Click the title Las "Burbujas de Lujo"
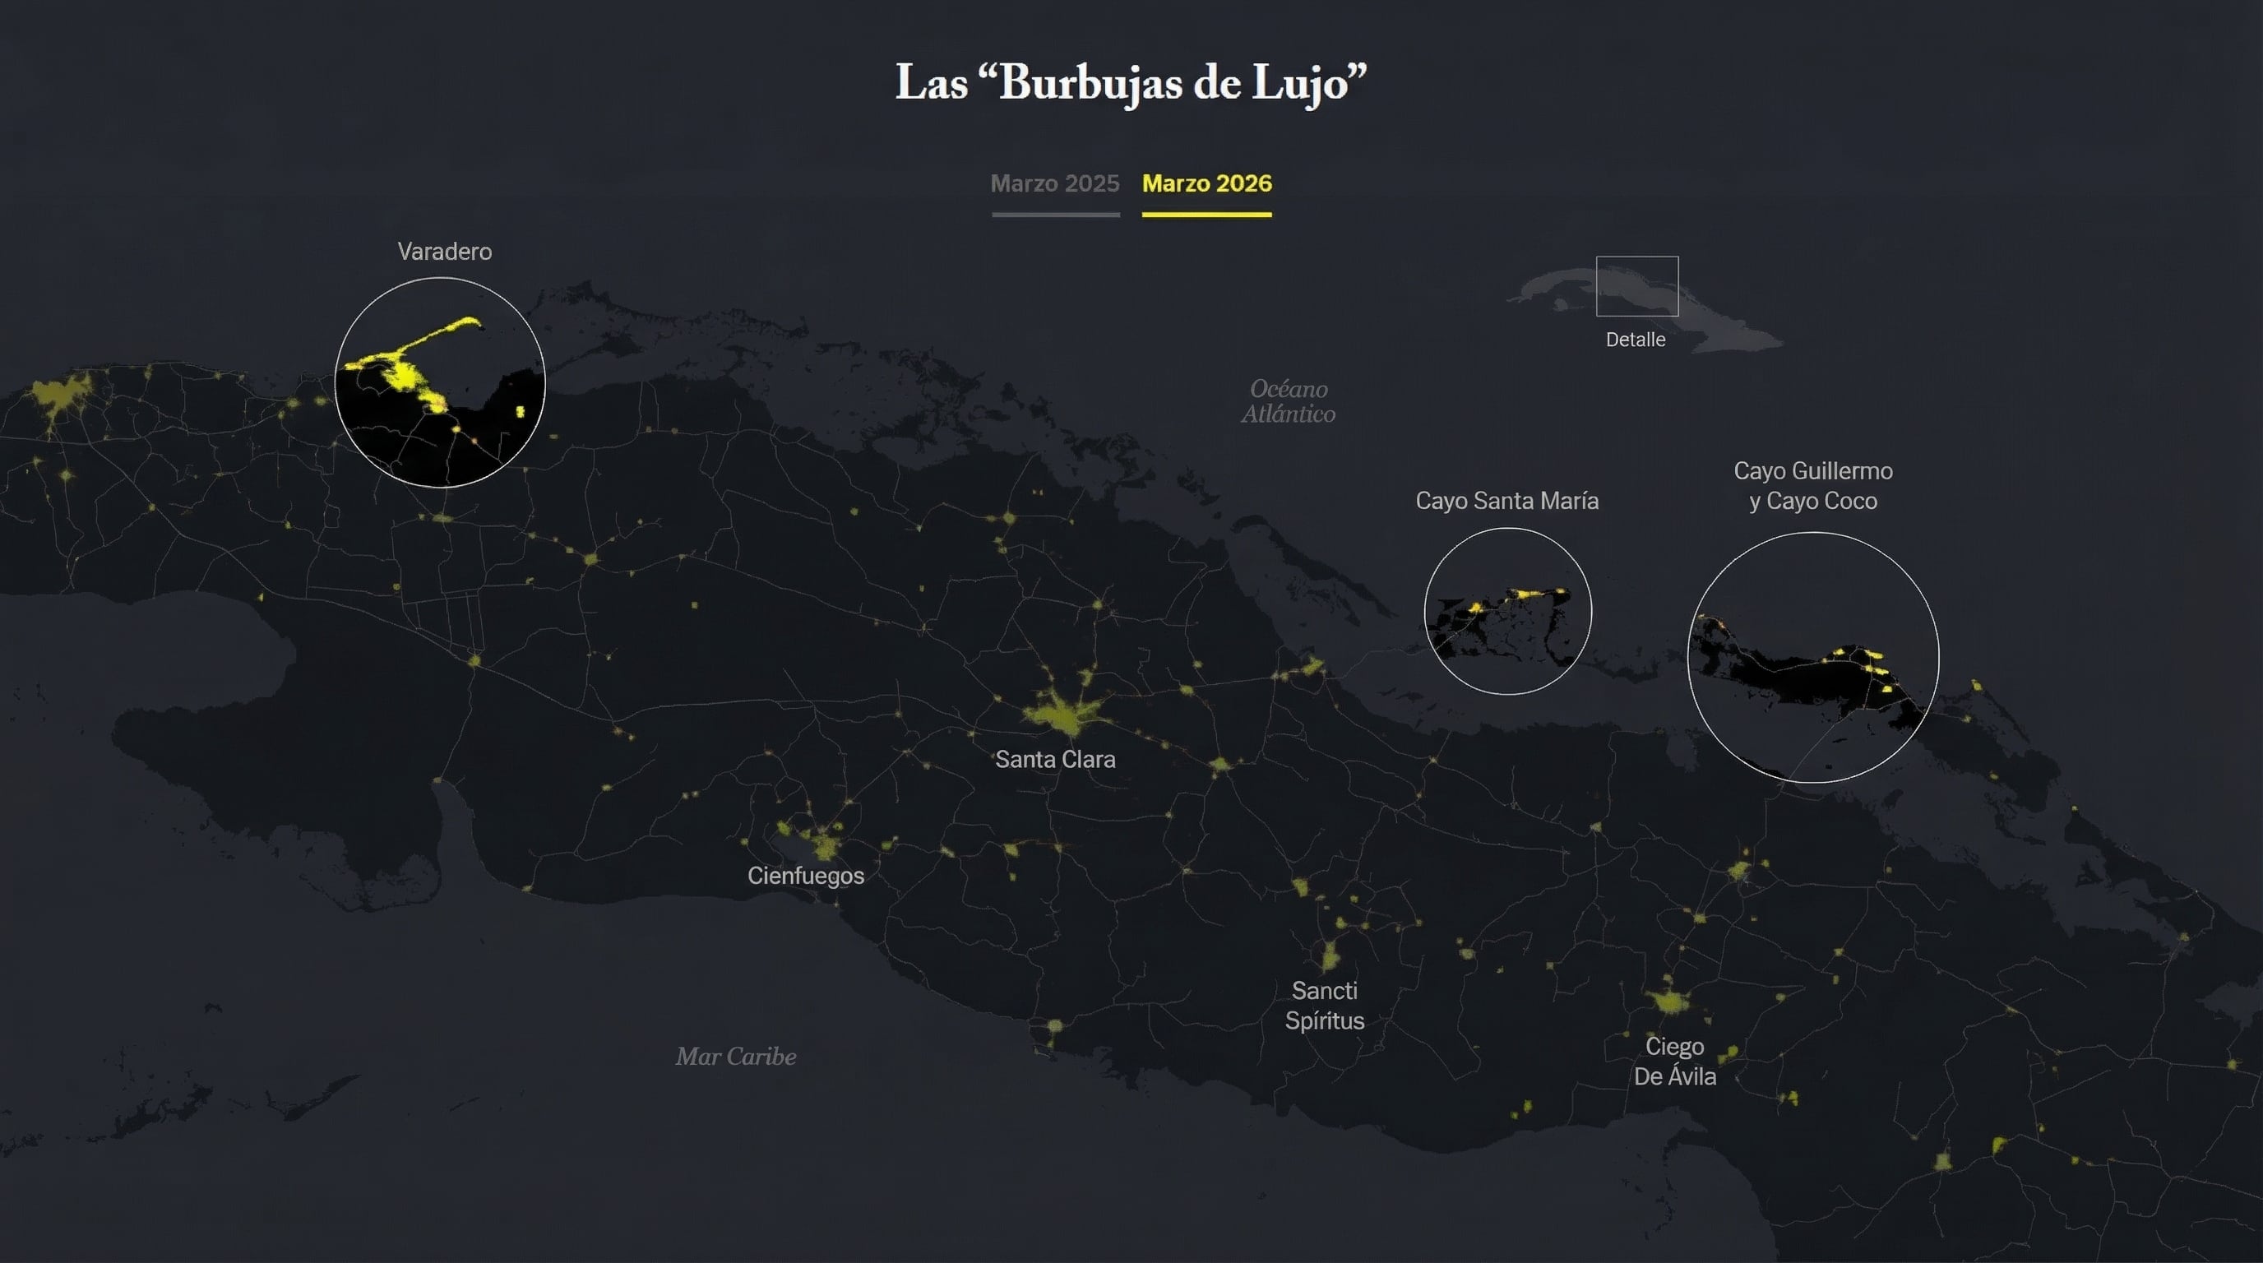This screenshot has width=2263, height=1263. tap(1131, 83)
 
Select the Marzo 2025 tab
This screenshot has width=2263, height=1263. tap(1054, 183)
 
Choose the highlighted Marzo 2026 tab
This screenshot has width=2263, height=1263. tap(1206, 183)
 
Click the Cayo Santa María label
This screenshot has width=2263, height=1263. tap(1506, 501)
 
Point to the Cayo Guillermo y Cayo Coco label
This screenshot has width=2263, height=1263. tap(1812, 486)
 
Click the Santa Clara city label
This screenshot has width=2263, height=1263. tap(1055, 759)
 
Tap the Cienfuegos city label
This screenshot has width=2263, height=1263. tap(806, 876)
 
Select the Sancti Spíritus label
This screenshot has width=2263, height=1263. tap(1325, 1006)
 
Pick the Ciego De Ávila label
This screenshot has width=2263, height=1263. tap(1674, 1061)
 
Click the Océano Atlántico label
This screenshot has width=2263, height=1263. tap(1288, 401)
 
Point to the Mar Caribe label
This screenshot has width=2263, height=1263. tap(736, 1057)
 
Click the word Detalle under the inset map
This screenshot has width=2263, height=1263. tap(1635, 340)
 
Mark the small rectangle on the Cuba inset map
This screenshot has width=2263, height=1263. tap(1636, 286)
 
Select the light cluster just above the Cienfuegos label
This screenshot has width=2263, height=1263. tap(824, 845)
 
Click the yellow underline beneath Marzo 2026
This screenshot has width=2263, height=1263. tap(1206, 215)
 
